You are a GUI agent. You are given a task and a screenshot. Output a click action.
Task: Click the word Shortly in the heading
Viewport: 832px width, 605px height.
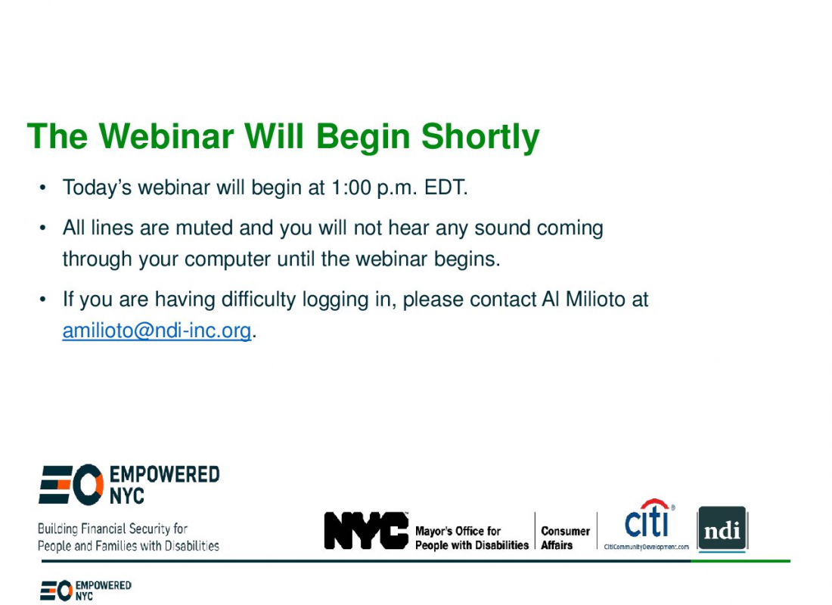pos(480,138)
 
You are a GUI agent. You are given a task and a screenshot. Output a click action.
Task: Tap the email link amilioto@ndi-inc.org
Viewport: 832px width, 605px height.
pos(157,330)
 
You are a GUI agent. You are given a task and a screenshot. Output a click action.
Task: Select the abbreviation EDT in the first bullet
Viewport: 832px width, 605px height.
pos(445,188)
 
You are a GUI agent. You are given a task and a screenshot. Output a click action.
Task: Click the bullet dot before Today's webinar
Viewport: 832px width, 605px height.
pos(43,188)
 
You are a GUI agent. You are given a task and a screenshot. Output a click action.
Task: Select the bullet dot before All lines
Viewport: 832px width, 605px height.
pos(43,228)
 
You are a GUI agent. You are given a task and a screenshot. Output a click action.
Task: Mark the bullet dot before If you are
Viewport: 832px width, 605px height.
pos(43,299)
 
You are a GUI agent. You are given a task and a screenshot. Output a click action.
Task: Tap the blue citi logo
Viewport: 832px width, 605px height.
pos(649,519)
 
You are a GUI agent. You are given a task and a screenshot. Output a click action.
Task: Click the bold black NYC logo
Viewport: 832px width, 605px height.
pos(366,530)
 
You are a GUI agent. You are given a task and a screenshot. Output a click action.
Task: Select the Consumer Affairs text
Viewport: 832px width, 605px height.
pos(565,538)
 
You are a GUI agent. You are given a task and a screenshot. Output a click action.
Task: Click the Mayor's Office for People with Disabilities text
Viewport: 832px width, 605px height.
pos(472,538)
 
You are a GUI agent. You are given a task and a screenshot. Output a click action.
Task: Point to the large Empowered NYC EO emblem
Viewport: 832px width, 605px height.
pos(71,484)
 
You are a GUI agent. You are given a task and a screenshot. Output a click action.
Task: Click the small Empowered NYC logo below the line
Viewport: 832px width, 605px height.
pos(85,590)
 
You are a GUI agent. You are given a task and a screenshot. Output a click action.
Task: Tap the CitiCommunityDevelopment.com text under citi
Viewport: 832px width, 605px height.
pos(646,547)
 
